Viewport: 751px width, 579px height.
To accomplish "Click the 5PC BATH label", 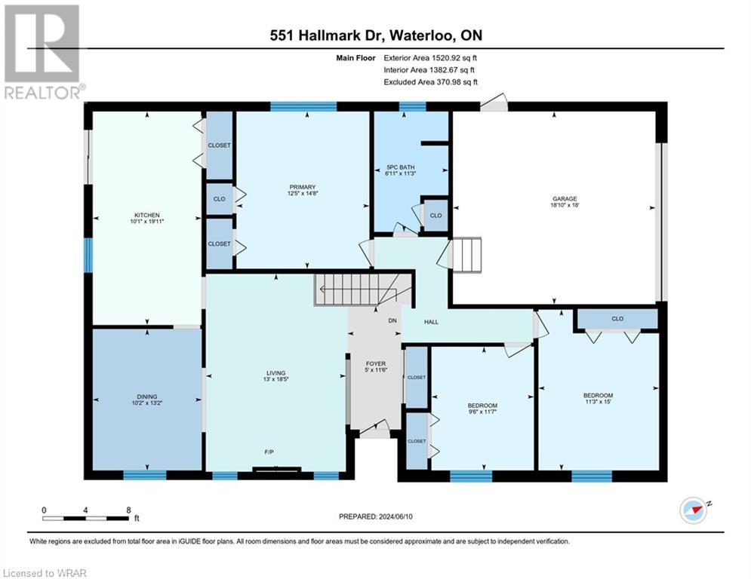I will click(400, 167).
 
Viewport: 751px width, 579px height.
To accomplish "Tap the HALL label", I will click(431, 322).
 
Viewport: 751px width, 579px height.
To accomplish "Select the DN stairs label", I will click(392, 321).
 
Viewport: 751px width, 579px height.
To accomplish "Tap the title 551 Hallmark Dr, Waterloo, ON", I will click(376, 35).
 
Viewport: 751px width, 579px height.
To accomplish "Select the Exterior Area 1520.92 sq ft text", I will click(431, 57).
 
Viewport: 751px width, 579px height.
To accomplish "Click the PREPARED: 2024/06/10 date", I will click(375, 516).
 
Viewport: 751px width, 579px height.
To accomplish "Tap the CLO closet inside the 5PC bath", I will click(436, 215).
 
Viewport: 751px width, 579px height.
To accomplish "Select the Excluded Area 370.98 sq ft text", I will click(431, 82).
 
